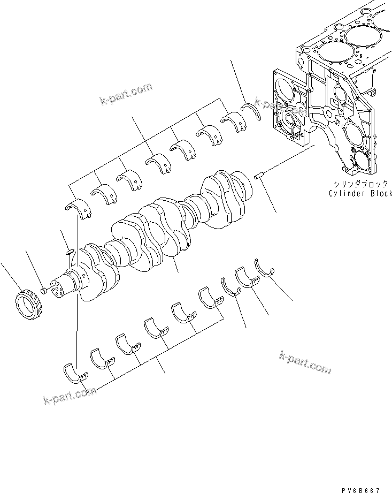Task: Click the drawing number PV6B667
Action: click(x=362, y=489)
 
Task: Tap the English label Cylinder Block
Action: click(x=360, y=193)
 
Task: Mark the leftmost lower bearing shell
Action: click(x=73, y=373)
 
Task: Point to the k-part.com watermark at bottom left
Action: click(x=70, y=397)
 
